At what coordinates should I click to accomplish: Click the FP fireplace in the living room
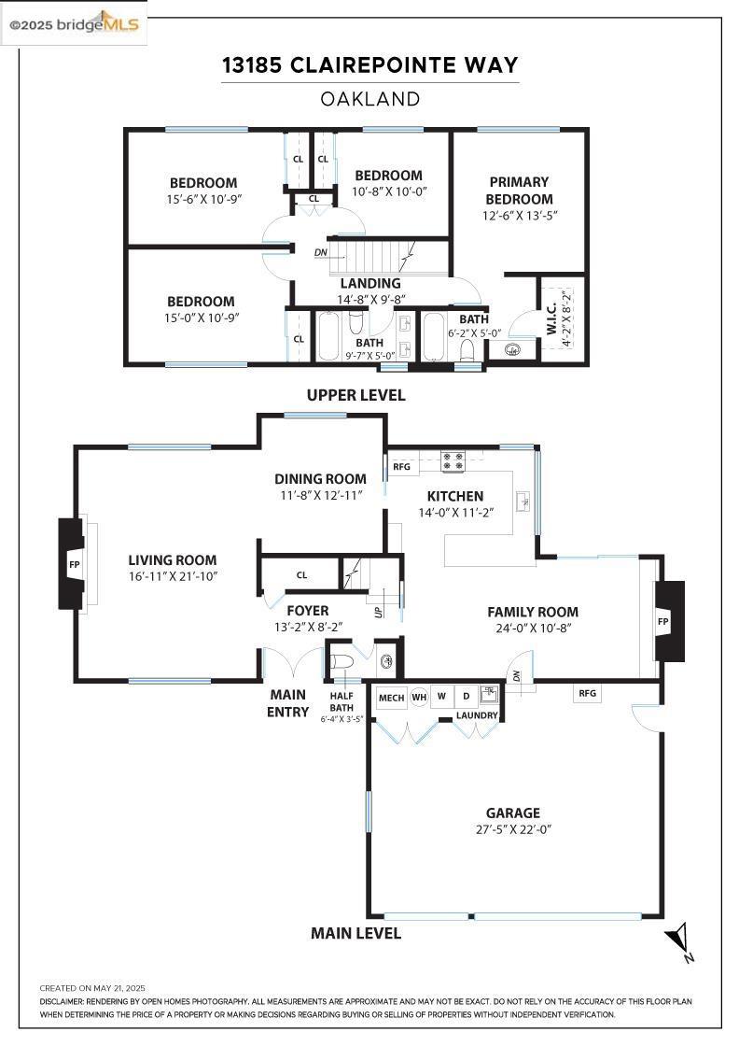pyautogui.click(x=73, y=564)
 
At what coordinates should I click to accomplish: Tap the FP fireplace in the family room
pyautogui.click(x=668, y=621)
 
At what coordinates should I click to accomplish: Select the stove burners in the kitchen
pyautogui.click(x=453, y=461)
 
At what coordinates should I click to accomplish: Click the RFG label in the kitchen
pyautogui.click(x=402, y=466)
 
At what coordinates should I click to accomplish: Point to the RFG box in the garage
pyautogui.click(x=587, y=693)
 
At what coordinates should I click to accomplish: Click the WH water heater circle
pyautogui.click(x=419, y=697)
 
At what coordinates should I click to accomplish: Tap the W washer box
pyautogui.click(x=441, y=697)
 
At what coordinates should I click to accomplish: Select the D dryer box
pyautogui.click(x=467, y=697)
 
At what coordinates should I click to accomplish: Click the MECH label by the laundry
pyautogui.click(x=391, y=698)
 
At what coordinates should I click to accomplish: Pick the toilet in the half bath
pyautogui.click(x=342, y=662)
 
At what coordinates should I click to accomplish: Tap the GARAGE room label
pyautogui.click(x=512, y=813)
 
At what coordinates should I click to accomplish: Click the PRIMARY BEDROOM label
pyautogui.click(x=519, y=191)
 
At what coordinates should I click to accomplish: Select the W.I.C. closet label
pyautogui.click(x=551, y=319)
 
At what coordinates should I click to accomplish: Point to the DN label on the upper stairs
pyautogui.click(x=321, y=253)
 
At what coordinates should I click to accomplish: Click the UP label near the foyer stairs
pyautogui.click(x=379, y=611)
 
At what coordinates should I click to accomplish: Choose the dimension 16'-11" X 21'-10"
pyautogui.click(x=174, y=576)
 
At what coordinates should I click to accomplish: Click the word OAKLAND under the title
pyautogui.click(x=369, y=99)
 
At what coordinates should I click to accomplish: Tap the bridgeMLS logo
pyautogui.click(x=74, y=24)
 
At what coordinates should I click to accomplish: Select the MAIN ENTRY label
pyautogui.click(x=288, y=703)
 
